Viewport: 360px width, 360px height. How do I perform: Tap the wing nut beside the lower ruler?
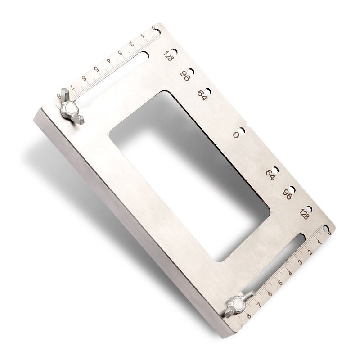(238, 306)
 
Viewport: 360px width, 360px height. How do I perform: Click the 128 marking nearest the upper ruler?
(168, 57)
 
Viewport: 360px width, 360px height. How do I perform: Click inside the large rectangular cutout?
(189, 175)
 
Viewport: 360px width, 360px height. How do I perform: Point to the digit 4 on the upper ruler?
(108, 61)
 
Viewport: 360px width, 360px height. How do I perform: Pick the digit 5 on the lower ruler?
(280, 283)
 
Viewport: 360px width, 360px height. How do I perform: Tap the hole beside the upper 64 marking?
(208, 91)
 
